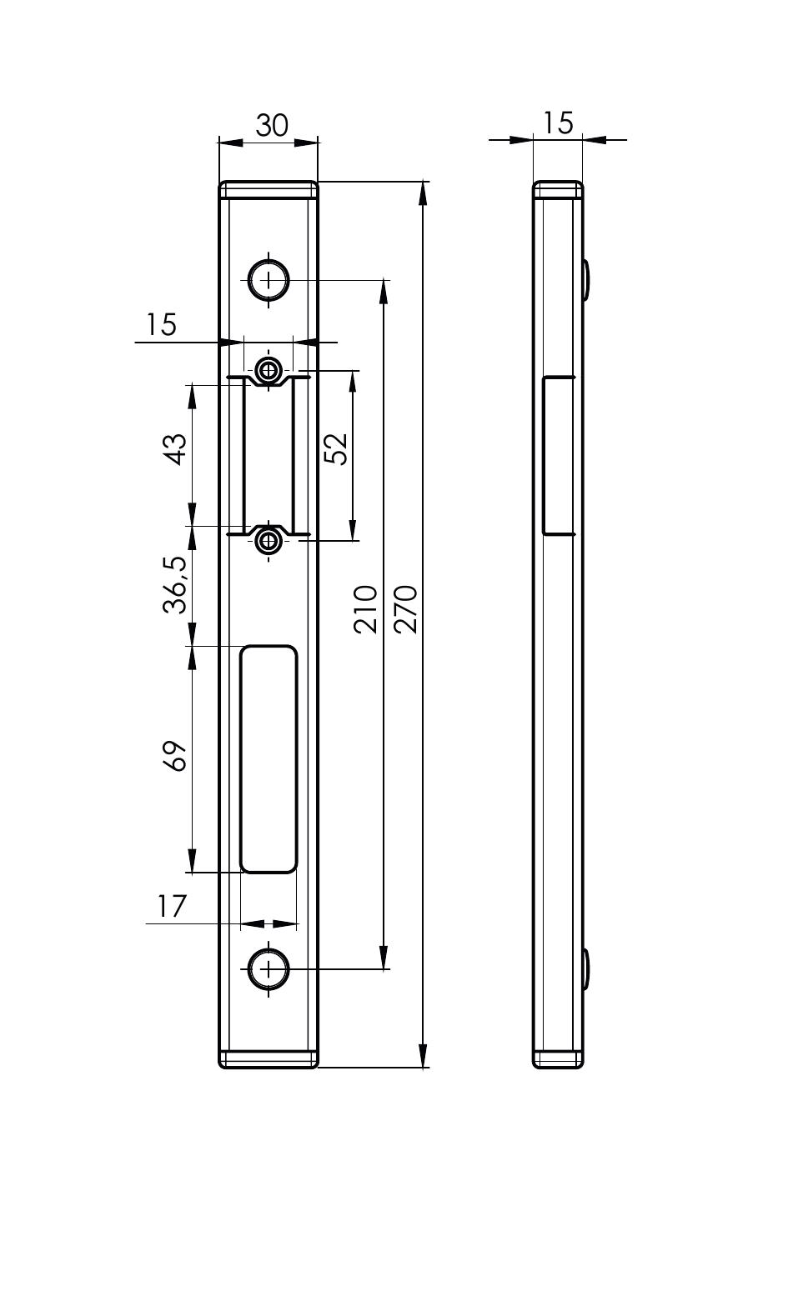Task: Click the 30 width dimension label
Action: (x=272, y=125)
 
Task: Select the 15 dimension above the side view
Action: (x=557, y=123)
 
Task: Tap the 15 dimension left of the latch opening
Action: (x=160, y=324)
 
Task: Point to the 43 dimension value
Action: (x=176, y=449)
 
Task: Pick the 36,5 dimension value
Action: (x=175, y=585)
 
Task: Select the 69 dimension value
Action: (x=175, y=756)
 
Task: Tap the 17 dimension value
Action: (x=171, y=906)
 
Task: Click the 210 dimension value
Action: (x=365, y=608)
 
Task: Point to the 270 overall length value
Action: (x=405, y=608)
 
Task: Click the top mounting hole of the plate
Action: (x=269, y=280)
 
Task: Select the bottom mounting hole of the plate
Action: (x=269, y=969)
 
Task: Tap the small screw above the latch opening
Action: (x=269, y=369)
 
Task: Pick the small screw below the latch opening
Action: (x=269, y=542)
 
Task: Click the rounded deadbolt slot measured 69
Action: (x=269, y=759)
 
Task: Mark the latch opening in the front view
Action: (x=269, y=455)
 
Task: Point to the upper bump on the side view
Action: (x=585, y=280)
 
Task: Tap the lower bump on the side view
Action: (x=585, y=969)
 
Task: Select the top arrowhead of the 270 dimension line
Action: (x=423, y=193)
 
